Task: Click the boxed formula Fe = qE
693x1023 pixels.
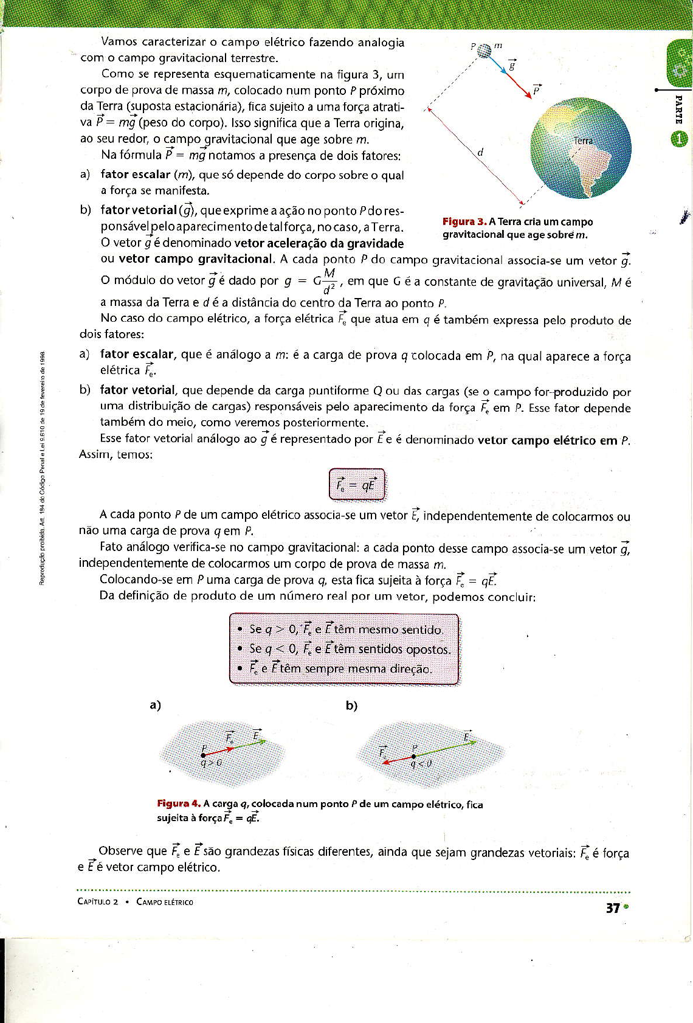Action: pos(357,485)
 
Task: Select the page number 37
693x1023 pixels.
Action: pos(612,908)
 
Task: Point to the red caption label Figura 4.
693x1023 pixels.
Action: pos(179,804)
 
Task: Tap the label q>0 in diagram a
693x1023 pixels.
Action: pos(211,762)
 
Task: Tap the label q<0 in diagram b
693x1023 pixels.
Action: pos(421,763)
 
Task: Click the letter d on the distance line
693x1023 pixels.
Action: pos(480,152)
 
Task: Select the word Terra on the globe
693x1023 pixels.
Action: pos(583,140)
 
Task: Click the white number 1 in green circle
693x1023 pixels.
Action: pos(679,139)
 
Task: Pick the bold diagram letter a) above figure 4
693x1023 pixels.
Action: pos(155,705)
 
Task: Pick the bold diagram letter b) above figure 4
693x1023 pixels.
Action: pos(351,706)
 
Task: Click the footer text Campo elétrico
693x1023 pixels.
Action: pos(165,902)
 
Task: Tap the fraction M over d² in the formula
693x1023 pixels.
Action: pos(329,280)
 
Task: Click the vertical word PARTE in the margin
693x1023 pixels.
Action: pos(679,109)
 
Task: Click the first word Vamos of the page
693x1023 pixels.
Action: pos(119,42)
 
